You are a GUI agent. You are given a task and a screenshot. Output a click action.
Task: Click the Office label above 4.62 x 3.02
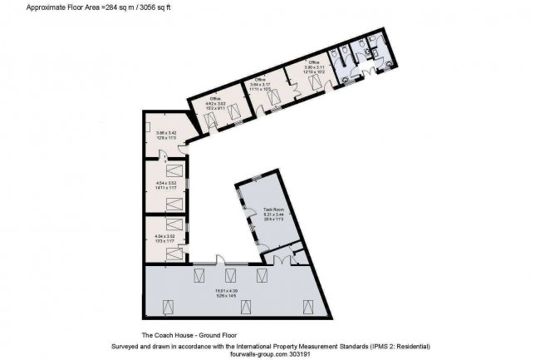(214, 99)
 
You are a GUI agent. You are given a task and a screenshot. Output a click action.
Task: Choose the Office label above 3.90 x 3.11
(313, 62)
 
